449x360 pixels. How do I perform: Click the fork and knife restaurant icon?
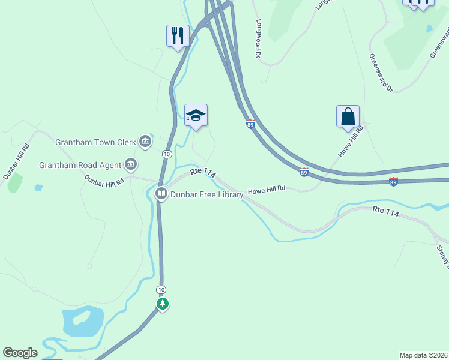tap(178, 35)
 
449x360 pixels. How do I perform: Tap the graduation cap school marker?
tap(196, 115)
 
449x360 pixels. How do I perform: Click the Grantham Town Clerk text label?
tap(95, 143)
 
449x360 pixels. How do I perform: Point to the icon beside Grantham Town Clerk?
tap(145, 142)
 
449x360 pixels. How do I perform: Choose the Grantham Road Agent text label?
tap(80, 164)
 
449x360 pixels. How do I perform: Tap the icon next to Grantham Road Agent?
tap(130, 164)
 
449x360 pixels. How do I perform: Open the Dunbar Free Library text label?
tap(207, 194)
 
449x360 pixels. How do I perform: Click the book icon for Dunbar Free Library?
tap(161, 194)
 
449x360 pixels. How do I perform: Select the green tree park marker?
tap(162, 304)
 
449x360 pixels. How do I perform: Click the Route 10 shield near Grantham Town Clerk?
tap(167, 154)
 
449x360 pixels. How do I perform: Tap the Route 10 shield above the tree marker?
tap(161, 290)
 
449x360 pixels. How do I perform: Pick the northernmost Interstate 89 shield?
tap(251, 124)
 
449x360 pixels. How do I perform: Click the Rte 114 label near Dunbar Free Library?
tap(203, 172)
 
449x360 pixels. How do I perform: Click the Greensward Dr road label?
tap(381, 73)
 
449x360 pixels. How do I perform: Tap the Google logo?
tap(20, 353)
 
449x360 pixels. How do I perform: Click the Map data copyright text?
tap(424, 355)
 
